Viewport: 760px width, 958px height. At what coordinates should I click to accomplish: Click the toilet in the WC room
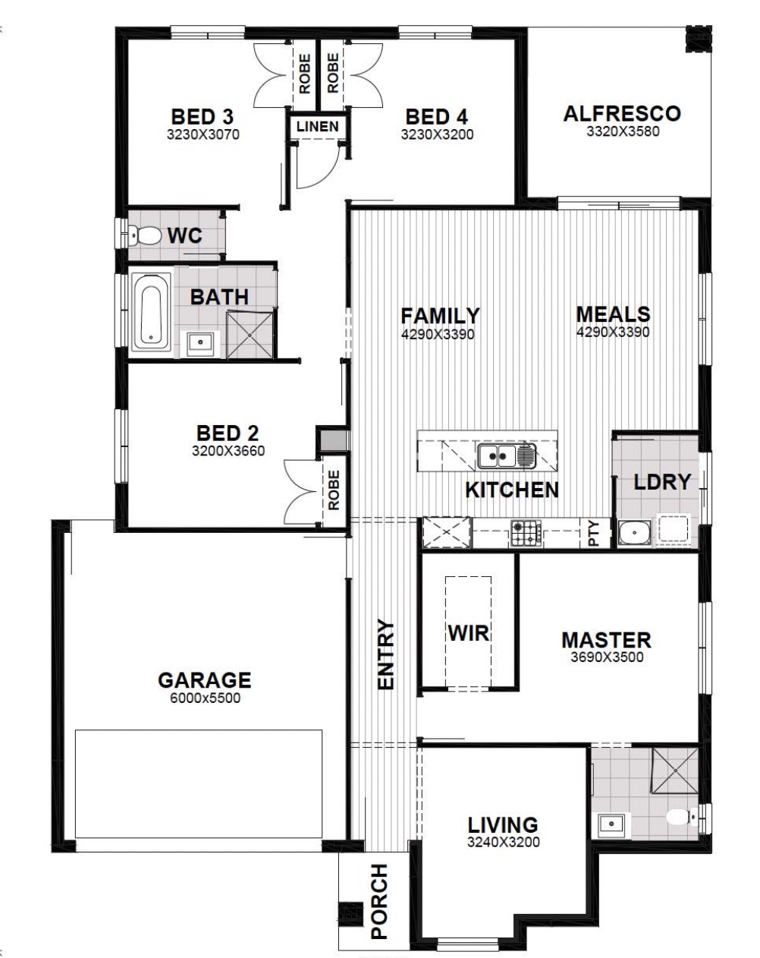(145, 236)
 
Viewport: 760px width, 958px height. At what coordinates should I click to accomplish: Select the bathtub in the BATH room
(151, 310)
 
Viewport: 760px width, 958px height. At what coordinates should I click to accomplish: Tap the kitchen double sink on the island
(507, 455)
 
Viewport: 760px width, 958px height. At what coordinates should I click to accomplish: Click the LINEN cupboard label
(318, 127)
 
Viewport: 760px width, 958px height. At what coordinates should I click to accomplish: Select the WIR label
(468, 632)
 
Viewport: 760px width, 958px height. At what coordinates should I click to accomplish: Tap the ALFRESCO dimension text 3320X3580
(623, 132)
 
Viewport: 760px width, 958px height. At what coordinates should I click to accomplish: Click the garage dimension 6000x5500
(205, 698)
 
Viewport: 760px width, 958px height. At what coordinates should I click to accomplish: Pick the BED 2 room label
(228, 433)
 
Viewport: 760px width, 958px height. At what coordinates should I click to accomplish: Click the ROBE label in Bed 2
(333, 490)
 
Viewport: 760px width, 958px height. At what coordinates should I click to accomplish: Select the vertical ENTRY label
(385, 655)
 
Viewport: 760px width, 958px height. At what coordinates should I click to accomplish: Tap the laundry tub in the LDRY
(634, 534)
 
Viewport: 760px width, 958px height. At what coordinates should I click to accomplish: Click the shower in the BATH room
(250, 335)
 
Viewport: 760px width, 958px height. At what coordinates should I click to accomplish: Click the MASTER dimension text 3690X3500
(607, 657)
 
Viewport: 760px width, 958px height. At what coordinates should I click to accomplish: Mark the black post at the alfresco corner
(699, 39)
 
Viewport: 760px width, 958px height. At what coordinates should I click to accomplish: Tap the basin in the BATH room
(200, 343)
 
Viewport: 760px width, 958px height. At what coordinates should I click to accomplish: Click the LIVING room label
(503, 825)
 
